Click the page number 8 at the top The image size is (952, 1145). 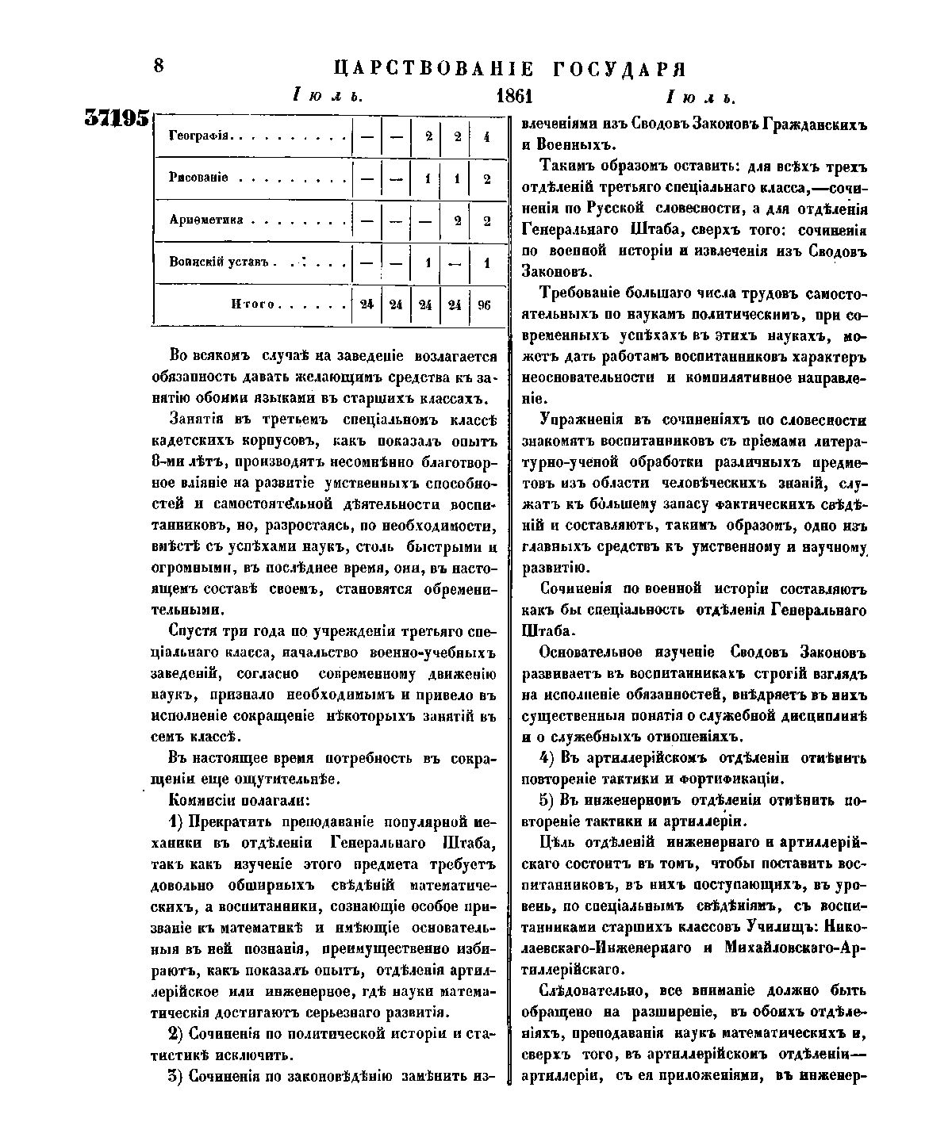(x=159, y=66)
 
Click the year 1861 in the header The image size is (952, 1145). (x=513, y=97)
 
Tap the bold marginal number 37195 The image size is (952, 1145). (x=117, y=118)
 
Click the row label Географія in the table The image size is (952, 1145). (x=199, y=136)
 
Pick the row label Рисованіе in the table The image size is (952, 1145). (x=199, y=178)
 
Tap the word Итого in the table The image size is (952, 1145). (x=251, y=304)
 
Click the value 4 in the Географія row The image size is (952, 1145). (x=486, y=136)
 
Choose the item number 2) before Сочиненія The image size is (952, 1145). (x=177, y=1034)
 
